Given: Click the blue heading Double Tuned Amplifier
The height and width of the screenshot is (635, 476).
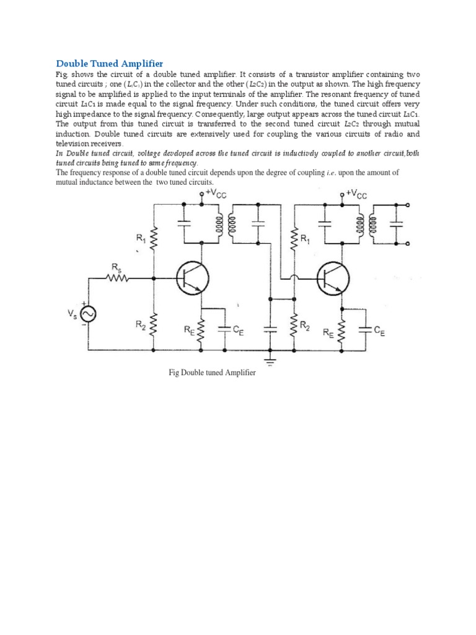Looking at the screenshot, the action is click(x=110, y=63).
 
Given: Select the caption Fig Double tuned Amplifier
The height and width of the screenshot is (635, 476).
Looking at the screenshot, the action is click(x=212, y=373).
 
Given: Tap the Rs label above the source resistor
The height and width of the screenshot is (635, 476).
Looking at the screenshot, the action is click(x=116, y=267).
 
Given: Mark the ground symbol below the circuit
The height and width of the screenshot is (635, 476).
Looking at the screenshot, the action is click(x=271, y=357).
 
